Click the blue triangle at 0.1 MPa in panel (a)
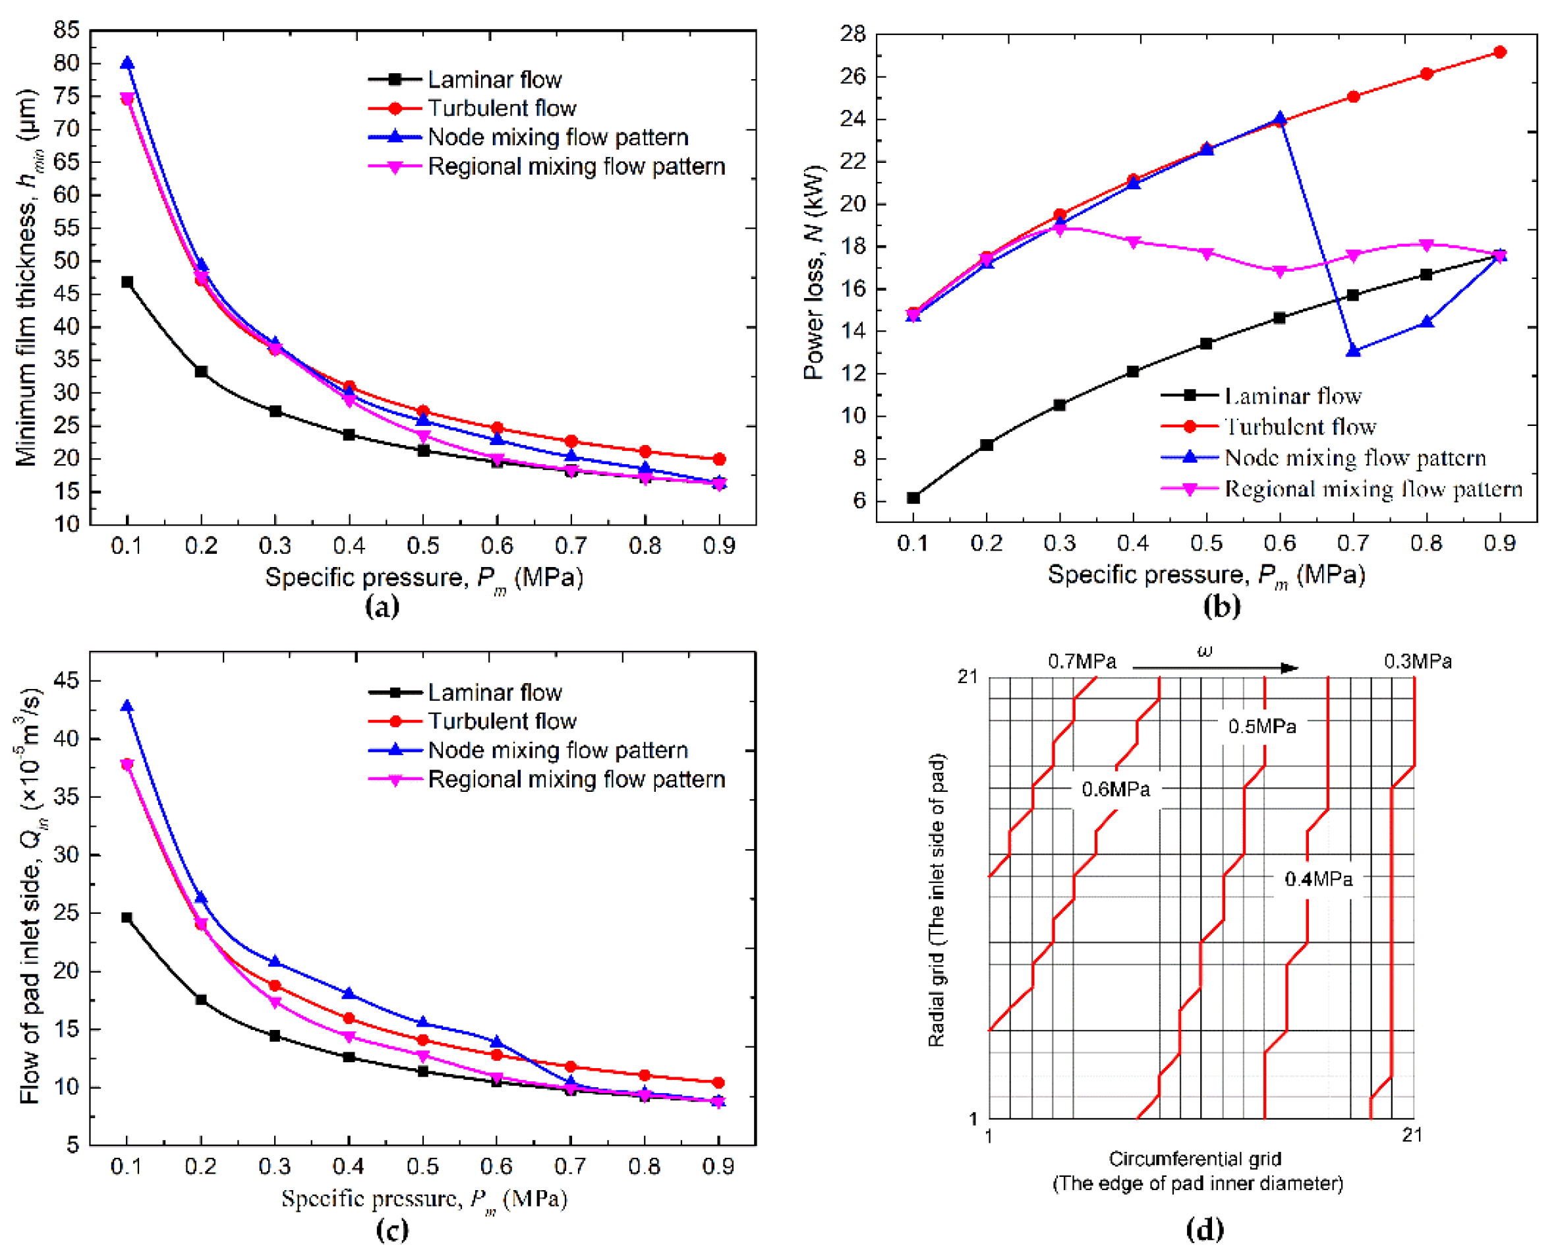pyautogui.click(x=128, y=64)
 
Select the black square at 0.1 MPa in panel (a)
pyautogui.click(x=128, y=282)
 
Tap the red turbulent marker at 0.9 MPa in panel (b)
pyautogui.click(x=1500, y=52)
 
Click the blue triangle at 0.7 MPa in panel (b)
pyautogui.click(x=1353, y=351)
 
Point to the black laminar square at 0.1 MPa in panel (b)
pyautogui.click(x=913, y=498)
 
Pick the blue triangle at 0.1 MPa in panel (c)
pyautogui.click(x=128, y=706)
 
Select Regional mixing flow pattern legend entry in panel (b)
pyautogui.click(x=1373, y=489)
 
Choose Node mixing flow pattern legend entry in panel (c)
pyautogui.click(x=558, y=750)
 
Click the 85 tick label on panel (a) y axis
pyautogui.click(x=66, y=30)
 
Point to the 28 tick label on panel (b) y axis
pyautogui.click(x=853, y=34)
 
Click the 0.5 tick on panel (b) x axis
pyautogui.click(x=1206, y=543)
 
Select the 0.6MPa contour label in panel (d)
pyautogui.click(x=1116, y=789)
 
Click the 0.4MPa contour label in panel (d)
pyautogui.click(x=1318, y=879)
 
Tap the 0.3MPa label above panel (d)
pyautogui.click(x=1417, y=661)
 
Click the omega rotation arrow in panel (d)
pyautogui.click(x=1215, y=668)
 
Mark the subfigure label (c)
pyautogui.click(x=393, y=1230)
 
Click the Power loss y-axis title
pyautogui.click(x=814, y=272)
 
